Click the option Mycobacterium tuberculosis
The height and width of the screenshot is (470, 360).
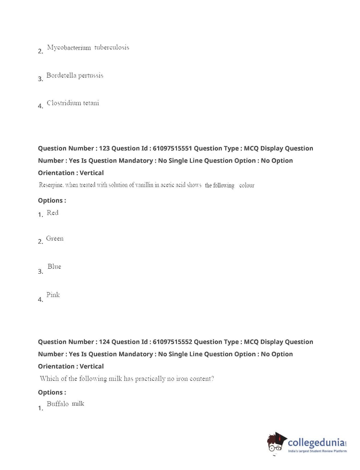point(88,48)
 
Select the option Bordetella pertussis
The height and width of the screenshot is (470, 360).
point(75,75)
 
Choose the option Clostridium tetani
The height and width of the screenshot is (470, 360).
point(73,103)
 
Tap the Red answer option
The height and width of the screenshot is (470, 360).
point(53,213)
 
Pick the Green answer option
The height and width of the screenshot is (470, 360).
point(55,239)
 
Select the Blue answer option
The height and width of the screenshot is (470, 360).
point(54,267)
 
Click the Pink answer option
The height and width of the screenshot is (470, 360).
point(53,295)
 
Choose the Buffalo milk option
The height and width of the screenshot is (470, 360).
point(65,404)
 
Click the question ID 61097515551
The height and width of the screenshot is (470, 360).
point(172,148)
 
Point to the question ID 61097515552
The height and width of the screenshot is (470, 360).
point(172,342)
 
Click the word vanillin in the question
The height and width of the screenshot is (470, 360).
point(144,185)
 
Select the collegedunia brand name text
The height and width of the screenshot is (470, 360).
point(316,442)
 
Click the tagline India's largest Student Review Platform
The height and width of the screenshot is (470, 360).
point(317,451)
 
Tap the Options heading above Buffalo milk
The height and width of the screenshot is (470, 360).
point(52,392)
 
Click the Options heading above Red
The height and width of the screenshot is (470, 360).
point(52,201)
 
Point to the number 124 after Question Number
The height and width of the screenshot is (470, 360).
point(104,342)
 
